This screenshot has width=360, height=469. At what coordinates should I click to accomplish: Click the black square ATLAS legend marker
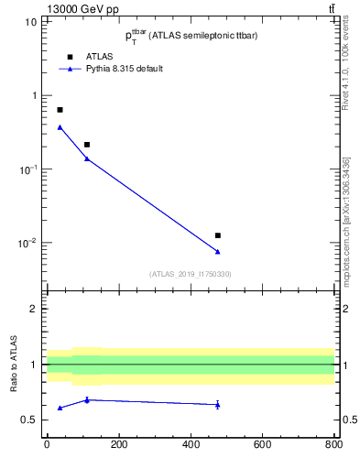click(x=70, y=57)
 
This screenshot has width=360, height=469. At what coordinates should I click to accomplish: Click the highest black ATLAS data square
click(x=60, y=110)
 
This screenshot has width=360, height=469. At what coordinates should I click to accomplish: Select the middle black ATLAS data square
click(x=87, y=145)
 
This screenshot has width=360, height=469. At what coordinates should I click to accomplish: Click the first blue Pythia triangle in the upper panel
click(x=60, y=127)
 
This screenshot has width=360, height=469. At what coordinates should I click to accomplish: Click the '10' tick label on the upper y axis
click(x=31, y=22)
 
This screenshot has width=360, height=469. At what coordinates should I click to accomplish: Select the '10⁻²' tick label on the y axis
click(x=27, y=243)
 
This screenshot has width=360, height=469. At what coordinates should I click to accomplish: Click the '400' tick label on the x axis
click(x=190, y=444)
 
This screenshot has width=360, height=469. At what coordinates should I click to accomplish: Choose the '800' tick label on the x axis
click(x=333, y=444)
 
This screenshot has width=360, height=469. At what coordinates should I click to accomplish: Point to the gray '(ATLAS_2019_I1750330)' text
click(x=190, y=274)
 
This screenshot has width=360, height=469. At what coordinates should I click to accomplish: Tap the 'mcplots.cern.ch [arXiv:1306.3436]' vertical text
click(x=345, y=220)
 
